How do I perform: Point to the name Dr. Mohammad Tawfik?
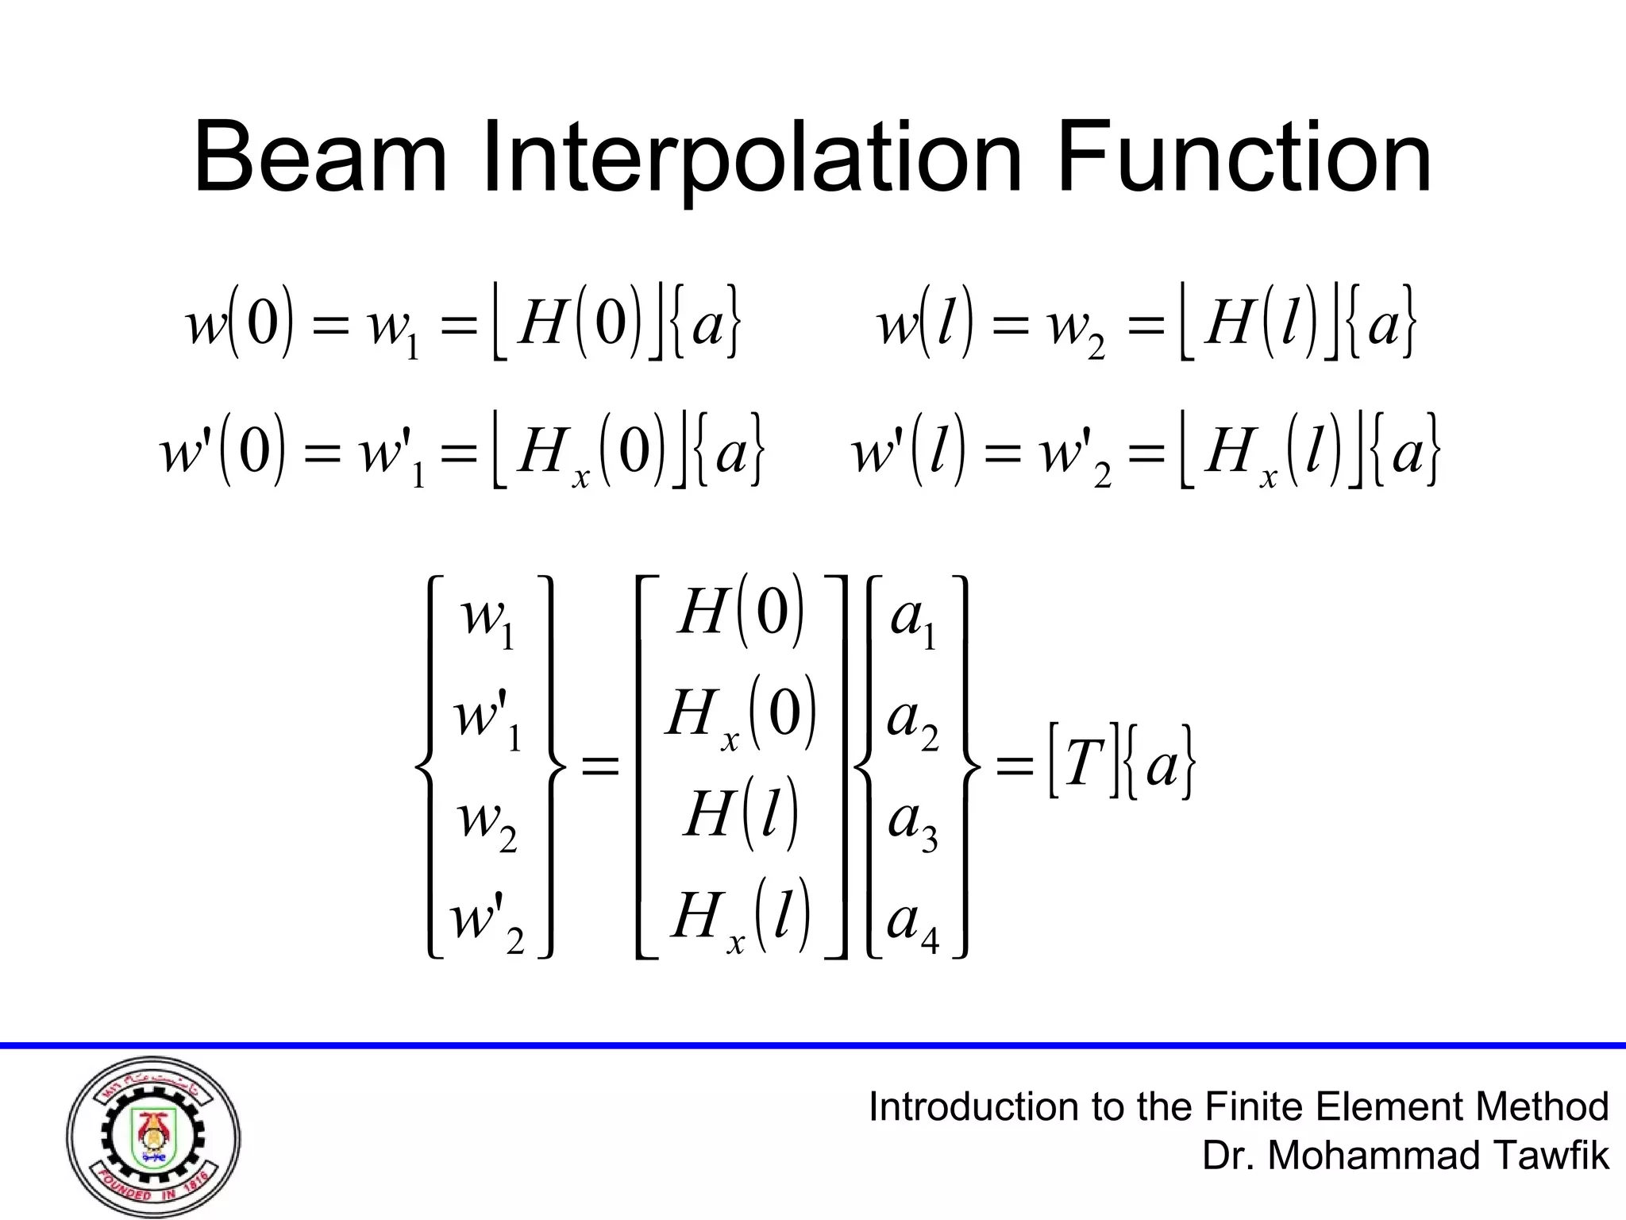click(1405, 1156)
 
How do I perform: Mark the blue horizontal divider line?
click(813, 1045)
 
